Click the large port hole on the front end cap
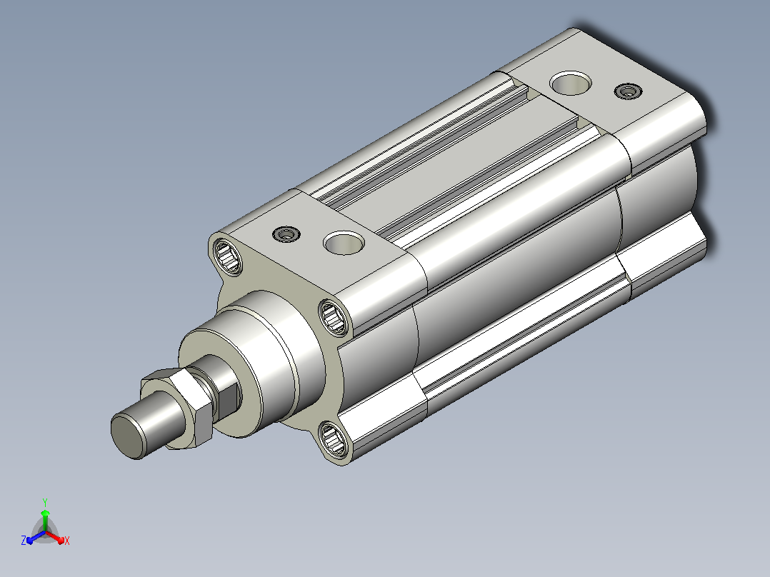(x=344, y=243)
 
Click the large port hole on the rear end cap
(x=570, y=83)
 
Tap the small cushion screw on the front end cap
(x=286, y=234)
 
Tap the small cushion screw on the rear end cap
(x=628, y=91)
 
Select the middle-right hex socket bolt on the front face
(x=334, y=317)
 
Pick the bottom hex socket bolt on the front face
(x=333, y=439)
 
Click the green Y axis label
(x=45, y=502)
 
